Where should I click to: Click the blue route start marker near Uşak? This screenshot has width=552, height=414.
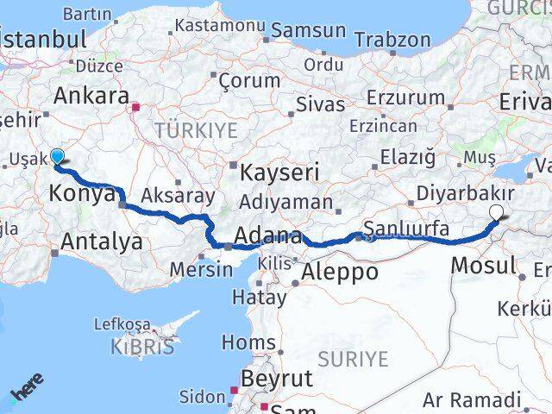tap(57, 156)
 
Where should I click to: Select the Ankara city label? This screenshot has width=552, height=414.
tap(91, 96)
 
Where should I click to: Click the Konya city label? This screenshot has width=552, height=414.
tap(83, 193)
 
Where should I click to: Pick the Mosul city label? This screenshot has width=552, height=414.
tap(484, 266)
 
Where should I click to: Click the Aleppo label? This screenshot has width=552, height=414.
tap(339, 272)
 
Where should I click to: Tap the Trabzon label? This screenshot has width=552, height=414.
tap(392, 41)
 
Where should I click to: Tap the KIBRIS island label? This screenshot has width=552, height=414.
tap(142, 348)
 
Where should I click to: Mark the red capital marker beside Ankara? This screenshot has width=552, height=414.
tap(135, 109)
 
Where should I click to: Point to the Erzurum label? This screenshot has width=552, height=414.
tap(405, 97)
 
